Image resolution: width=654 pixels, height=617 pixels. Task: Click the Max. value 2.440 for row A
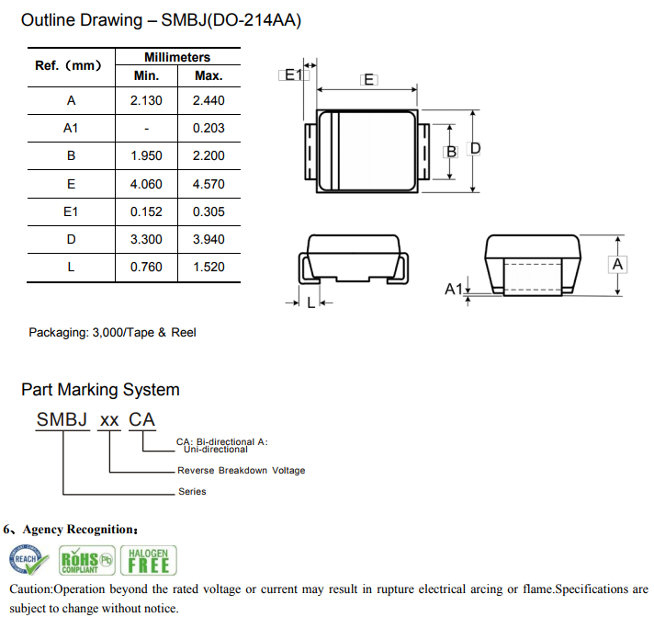point(209,100)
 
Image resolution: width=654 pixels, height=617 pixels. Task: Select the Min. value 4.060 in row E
point(147,184)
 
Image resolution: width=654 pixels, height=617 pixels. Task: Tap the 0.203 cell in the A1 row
point(209,128)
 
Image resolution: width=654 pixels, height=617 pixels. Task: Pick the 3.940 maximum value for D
point(209,239)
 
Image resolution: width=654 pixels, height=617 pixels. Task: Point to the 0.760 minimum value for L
point(147,267)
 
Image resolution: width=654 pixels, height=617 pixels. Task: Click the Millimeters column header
point(177,57)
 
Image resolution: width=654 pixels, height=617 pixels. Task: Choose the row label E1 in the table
point(71,211)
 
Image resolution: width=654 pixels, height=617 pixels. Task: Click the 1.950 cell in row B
point(147,155)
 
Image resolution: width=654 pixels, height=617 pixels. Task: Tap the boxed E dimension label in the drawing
point(369,80)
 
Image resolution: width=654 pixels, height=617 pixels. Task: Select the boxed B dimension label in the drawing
point(451,151)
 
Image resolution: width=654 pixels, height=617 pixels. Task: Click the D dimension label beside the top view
point(476,149)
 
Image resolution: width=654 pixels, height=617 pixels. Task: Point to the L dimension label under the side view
point(310,303)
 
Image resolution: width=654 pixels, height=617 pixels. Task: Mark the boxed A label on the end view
point(618,264)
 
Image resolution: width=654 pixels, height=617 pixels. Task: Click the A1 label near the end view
point(454,289)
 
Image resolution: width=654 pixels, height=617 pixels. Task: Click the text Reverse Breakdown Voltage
point(241,471)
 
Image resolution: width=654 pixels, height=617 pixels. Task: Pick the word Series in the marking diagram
point(192,491)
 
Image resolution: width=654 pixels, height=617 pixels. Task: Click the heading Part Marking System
point(100,390)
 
